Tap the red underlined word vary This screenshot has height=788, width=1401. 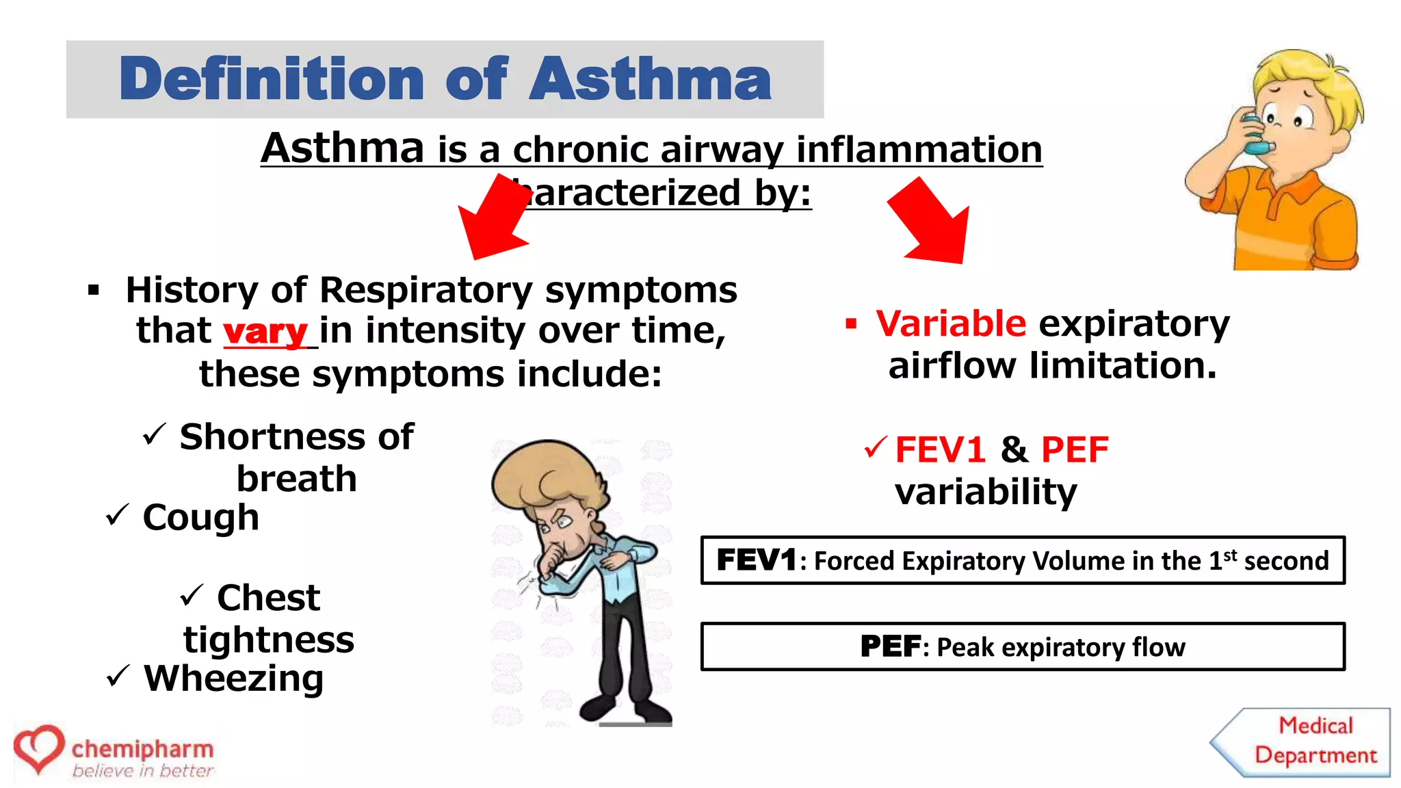pos(265,332)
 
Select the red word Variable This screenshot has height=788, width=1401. pos(951,324)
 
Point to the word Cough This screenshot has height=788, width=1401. pos(201,517)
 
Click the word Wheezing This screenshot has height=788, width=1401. pos(233,679)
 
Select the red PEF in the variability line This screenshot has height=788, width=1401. pos(1074,450)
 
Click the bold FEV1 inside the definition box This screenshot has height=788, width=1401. pos(757,560)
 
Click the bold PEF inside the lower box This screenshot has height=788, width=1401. pos(890,646)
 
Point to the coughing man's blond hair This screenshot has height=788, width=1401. pos(540,472)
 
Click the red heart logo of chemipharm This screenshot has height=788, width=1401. pos(39,748)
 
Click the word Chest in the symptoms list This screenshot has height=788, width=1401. pos(268,598)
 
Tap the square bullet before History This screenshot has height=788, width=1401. pos(94,291)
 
